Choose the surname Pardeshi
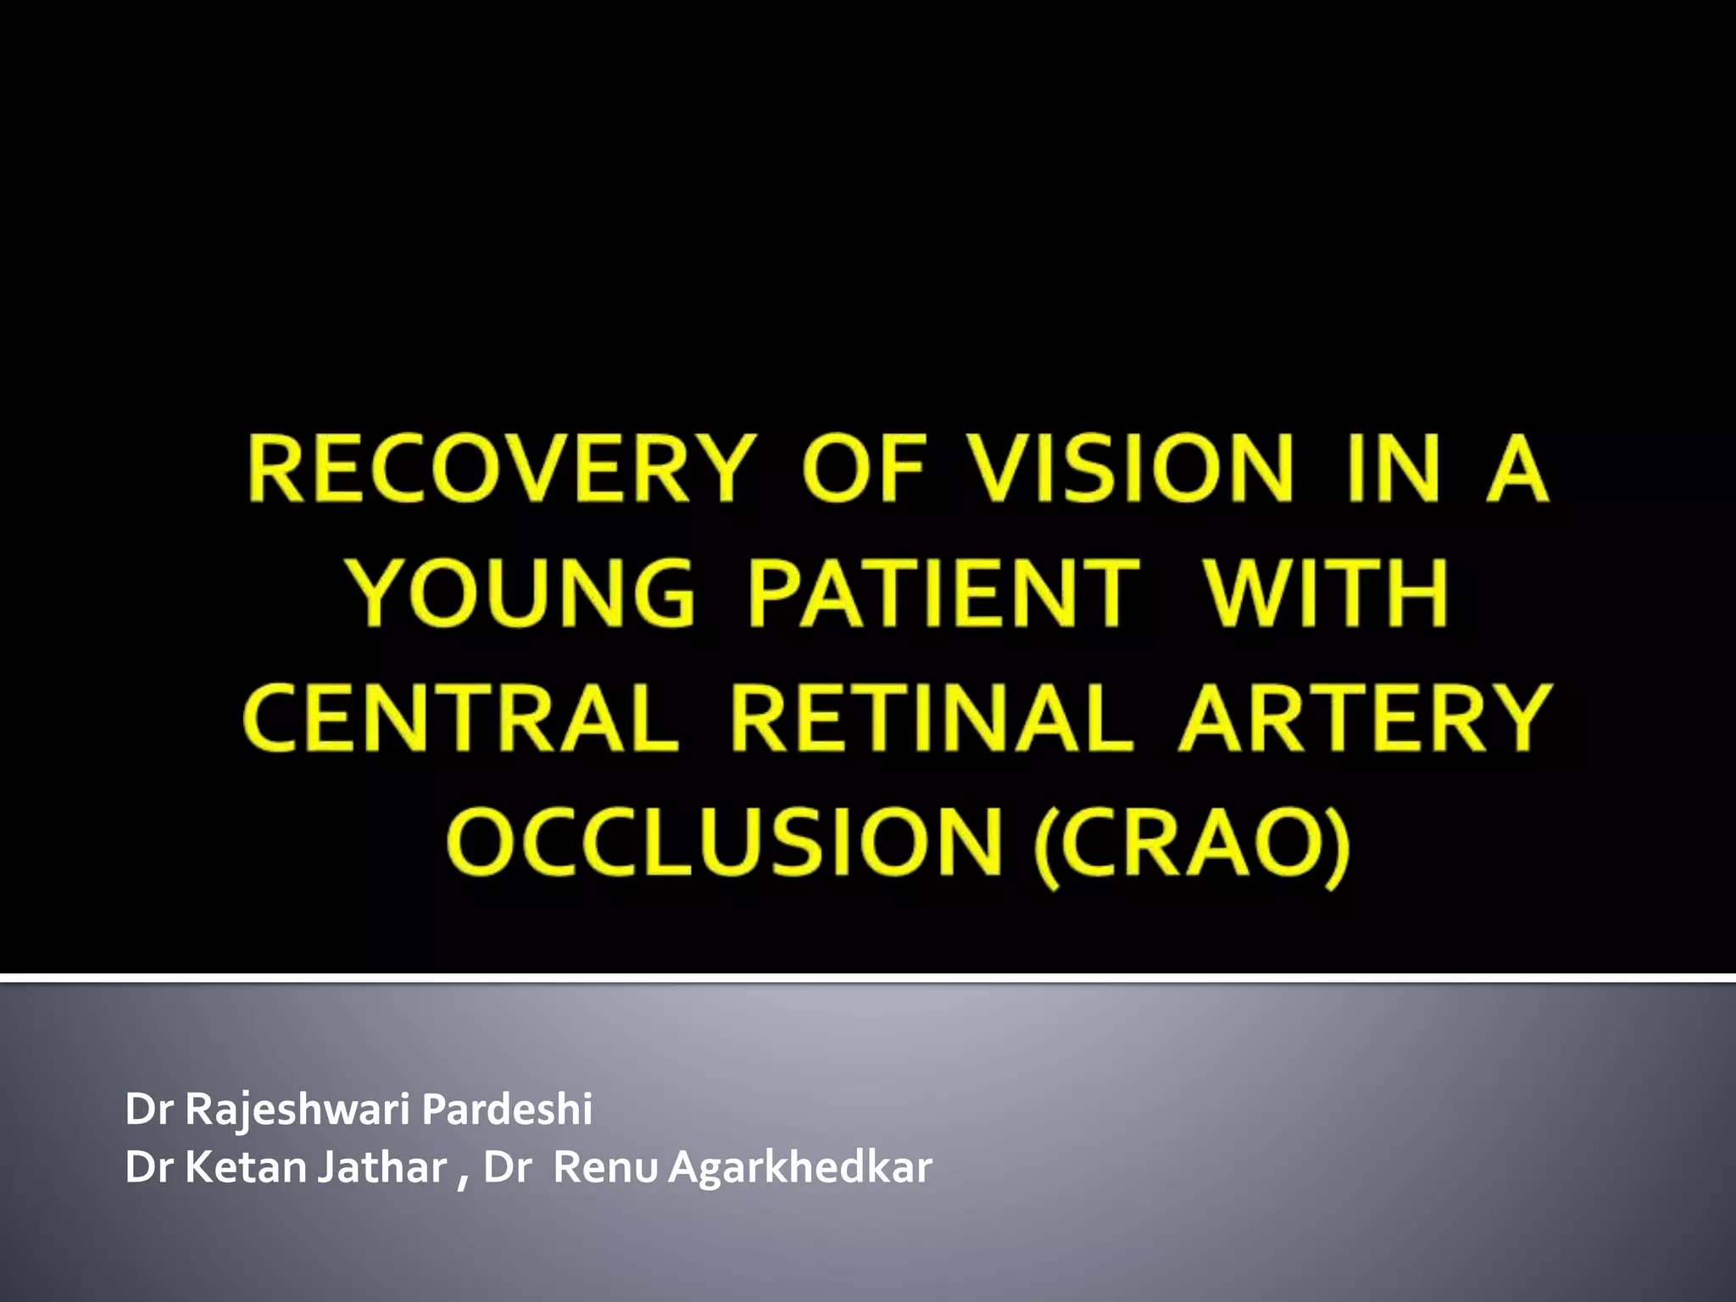(x=506, y=1109)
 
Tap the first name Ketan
(x=245, y=1167)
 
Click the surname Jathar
(x=382, y=1167)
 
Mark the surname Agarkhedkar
(x=800, y=1169)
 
